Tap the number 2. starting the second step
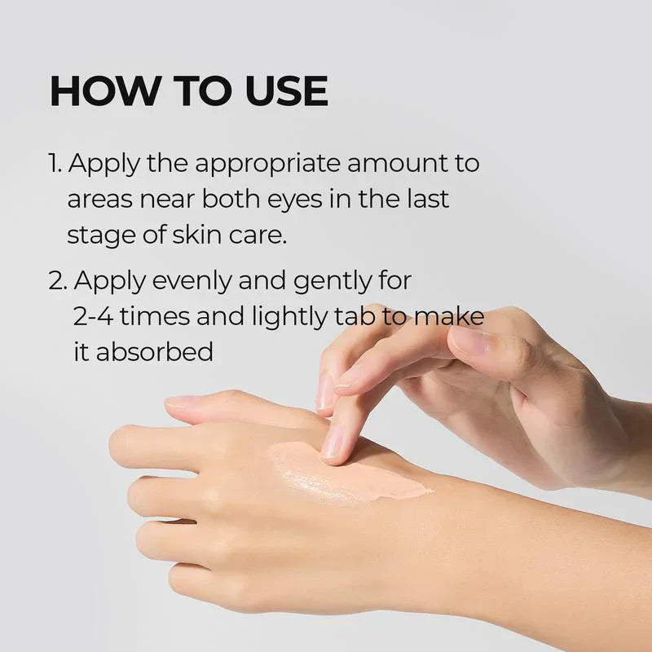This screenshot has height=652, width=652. pyautogui.click(x=58, y=281)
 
